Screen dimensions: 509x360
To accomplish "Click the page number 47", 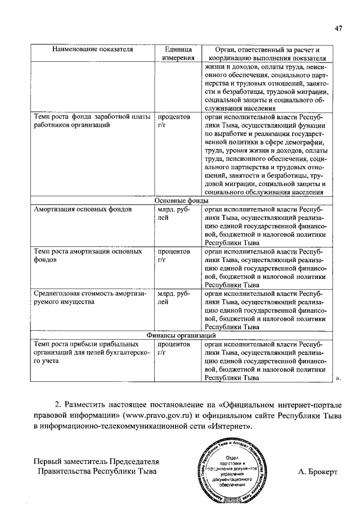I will coord(338,29).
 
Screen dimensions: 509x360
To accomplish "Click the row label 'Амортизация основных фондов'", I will coord(83,209).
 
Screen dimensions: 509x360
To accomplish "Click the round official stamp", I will coord(232,469).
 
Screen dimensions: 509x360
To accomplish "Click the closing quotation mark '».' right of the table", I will coord(339,379).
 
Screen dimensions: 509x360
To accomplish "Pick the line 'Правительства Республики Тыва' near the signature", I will coord(97,472).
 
